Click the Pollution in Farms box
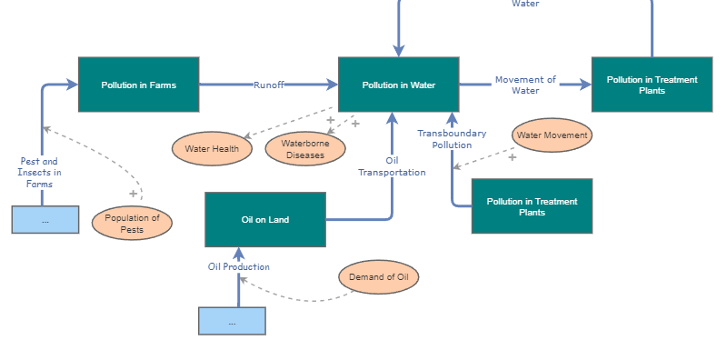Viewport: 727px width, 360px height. coord(139,85)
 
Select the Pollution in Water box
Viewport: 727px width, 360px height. coord(398,85)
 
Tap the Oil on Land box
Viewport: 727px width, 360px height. coord(265,219)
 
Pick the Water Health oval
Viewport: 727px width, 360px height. coord(212,148)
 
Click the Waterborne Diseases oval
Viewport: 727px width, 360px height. coord(305,149)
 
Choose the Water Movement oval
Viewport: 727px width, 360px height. coord(553,135)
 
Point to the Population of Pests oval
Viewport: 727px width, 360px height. coord(132,224)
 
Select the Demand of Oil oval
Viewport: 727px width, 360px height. coord(379,277)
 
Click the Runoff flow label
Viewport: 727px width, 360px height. coord(269,85)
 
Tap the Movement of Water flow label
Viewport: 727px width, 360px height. coord(525,85)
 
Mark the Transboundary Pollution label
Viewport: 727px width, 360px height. coord(452,139)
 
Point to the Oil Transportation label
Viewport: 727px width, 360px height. coord(392,166)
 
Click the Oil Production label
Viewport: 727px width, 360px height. coord(239,266)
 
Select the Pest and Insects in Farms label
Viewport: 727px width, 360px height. coord(39,173)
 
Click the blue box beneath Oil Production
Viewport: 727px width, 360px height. coord(232,321)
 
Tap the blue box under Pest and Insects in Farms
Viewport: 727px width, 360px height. coord(45,220)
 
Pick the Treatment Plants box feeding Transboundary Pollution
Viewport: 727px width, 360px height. coord(532,206)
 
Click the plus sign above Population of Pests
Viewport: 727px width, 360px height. coord(133,194)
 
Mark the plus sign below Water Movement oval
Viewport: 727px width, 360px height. coord(512,157)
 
